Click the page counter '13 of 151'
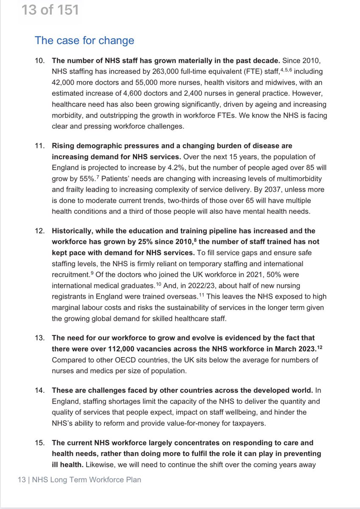(50, 10)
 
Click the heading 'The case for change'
(84, 40)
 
